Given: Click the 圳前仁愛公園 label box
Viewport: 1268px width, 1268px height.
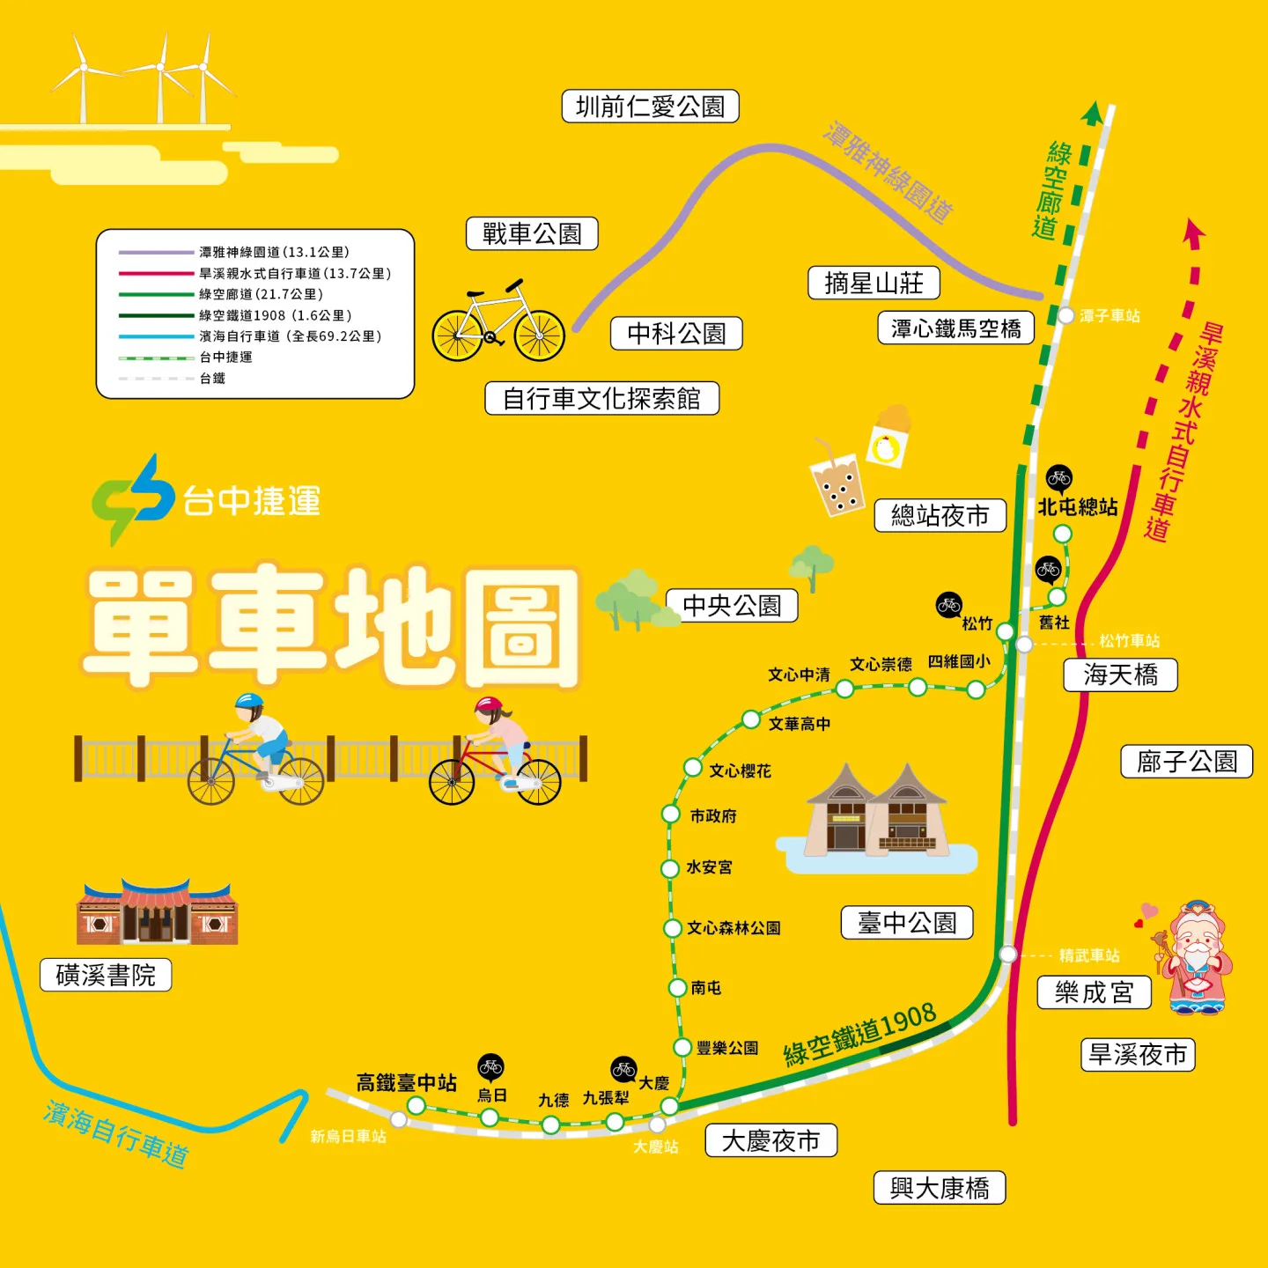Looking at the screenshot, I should coord(650,107).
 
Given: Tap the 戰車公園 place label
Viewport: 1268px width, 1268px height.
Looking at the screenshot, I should coord(532,233).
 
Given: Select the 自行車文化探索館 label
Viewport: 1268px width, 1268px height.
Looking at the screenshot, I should coord(601,399).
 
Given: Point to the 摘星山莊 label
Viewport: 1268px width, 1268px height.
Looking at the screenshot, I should coord(874,283).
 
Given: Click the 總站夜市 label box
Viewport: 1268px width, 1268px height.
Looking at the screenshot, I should coord(940,515).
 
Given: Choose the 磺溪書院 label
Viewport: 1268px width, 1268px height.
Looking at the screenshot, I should coord(106,975).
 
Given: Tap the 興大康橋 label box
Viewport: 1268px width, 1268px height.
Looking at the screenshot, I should coord(940,1188).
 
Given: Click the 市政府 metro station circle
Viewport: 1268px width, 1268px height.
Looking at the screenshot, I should coord(671,815).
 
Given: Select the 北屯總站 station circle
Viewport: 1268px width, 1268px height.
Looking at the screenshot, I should coord(1063,534).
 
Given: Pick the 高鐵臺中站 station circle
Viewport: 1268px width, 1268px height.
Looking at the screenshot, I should coord(417,1106).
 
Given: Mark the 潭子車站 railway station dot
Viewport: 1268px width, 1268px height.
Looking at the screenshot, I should coord(1065,315).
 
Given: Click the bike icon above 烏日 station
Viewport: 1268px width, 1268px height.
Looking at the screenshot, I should coord(490,1067).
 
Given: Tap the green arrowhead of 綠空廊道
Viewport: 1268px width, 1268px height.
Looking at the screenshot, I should coord(1092,113).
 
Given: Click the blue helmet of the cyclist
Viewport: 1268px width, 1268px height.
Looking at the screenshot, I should coord(249,702).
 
